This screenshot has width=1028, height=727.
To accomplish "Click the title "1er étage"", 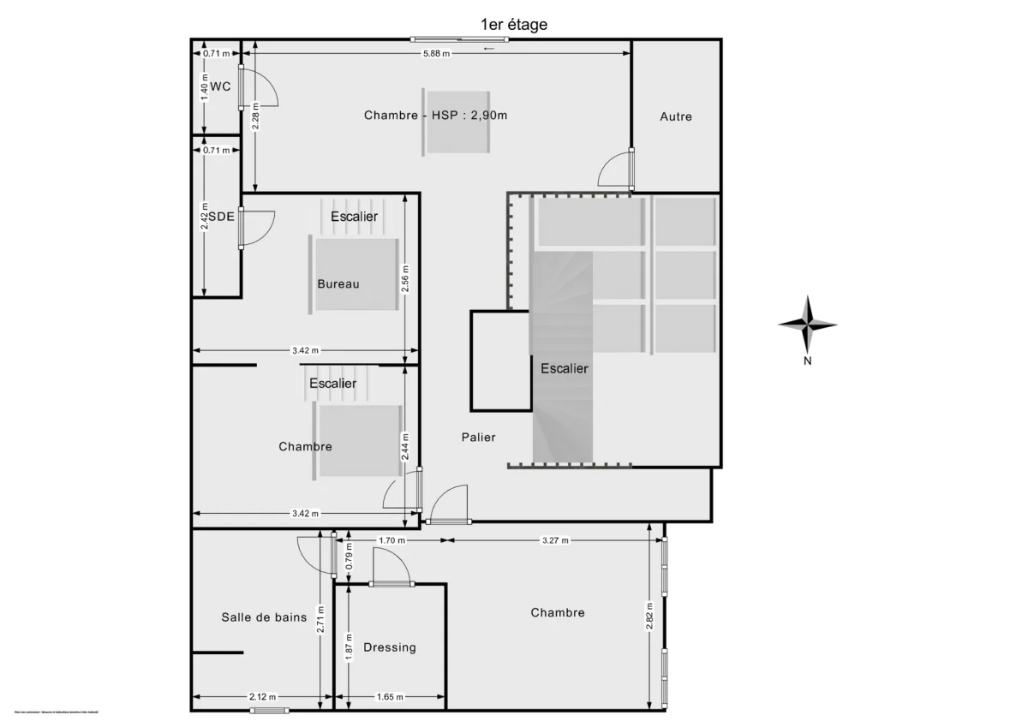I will tap(514, 25).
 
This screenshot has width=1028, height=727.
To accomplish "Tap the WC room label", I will tap(220, 86).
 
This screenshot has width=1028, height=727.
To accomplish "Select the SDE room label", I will tap(220, 217).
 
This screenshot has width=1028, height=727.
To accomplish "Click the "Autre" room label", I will tap(676, 116).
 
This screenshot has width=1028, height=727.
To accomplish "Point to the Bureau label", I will tap(338, 284).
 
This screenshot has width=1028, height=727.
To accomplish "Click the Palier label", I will tap(478, 438).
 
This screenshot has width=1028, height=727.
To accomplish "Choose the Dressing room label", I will tap(390, 647).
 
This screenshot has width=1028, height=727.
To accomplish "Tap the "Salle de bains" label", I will tap(264, 617).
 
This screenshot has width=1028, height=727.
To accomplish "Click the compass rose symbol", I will tap(807, 325).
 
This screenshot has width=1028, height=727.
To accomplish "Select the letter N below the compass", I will tap(807, 361).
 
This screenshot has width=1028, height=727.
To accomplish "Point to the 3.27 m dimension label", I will tap(555, 540).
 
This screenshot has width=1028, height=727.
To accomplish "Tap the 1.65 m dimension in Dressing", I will tap(390, 697).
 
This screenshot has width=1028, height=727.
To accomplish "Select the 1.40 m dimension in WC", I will tap(204, 86).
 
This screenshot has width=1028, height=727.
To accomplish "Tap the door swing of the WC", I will tap(259, 88).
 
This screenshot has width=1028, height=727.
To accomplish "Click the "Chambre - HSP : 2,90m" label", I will tap(436, 115).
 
